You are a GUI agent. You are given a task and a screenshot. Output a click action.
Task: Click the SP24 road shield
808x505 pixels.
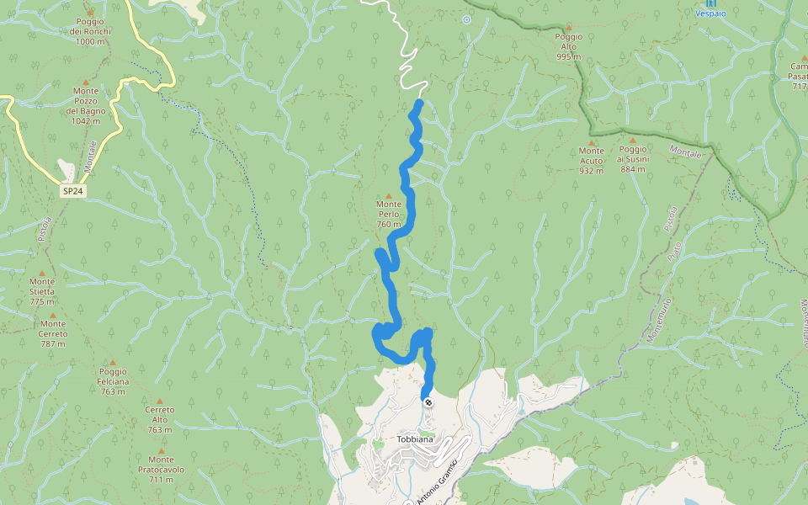click(x=72, y=192)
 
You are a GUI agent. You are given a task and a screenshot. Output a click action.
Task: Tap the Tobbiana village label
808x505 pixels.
click(x=415, y=440)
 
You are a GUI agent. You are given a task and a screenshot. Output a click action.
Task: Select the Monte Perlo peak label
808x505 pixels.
click(x=389, y=214)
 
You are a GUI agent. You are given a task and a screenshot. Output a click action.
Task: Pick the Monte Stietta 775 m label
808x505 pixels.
click(x=41, y=291)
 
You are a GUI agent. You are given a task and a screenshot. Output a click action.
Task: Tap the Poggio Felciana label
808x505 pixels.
click(x=113, y=381)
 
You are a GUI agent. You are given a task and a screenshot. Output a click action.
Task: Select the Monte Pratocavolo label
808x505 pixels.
click(x=161, y=469)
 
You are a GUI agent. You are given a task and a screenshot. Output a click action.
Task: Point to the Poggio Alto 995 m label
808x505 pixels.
click(x=568, y=46)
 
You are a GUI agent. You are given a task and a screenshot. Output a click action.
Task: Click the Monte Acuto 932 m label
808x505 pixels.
click(x=592, y=160)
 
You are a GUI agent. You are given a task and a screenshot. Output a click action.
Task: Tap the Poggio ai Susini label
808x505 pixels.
click(x=633, y=159)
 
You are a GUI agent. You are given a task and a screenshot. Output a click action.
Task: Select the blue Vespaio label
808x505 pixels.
click(x=711, y=13)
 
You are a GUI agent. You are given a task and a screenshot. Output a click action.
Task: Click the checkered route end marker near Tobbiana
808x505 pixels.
click(x=428, y=402)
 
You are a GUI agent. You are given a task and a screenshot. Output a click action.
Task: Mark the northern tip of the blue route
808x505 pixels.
click(x=418, y=103)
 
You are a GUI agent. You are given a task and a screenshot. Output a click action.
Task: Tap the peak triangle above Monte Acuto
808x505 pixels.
click(x=592, y=142)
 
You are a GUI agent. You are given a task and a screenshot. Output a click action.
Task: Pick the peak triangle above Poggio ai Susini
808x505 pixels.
click(x=633, y=141)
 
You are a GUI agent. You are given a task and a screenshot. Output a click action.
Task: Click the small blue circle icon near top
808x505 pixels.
click(x=466, y=19)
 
